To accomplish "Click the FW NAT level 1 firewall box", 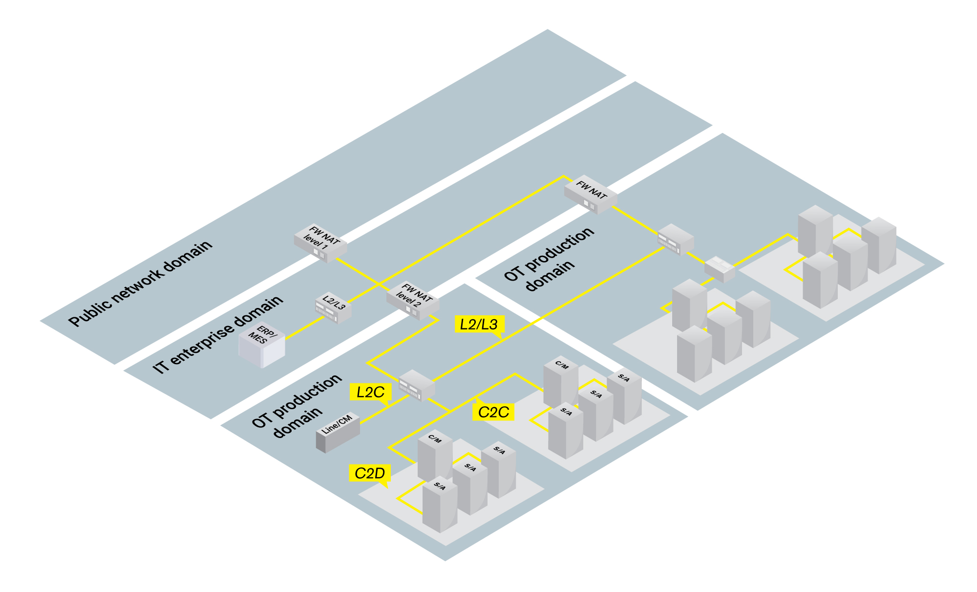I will pos(320,243).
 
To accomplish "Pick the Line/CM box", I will pos(338,432).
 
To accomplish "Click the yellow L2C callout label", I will pos(370,392).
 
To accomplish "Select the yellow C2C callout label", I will pos(493,412).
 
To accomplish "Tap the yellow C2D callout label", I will pos(369,473).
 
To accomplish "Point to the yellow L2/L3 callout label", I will pos(479,324).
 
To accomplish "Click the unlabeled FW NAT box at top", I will pos(591,194).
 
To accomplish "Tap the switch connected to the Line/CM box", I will pos(417,385).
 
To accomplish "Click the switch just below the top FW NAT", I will pos(676,239).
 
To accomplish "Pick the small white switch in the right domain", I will pos(720,269).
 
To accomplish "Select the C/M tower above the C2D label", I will pos(434,457).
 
